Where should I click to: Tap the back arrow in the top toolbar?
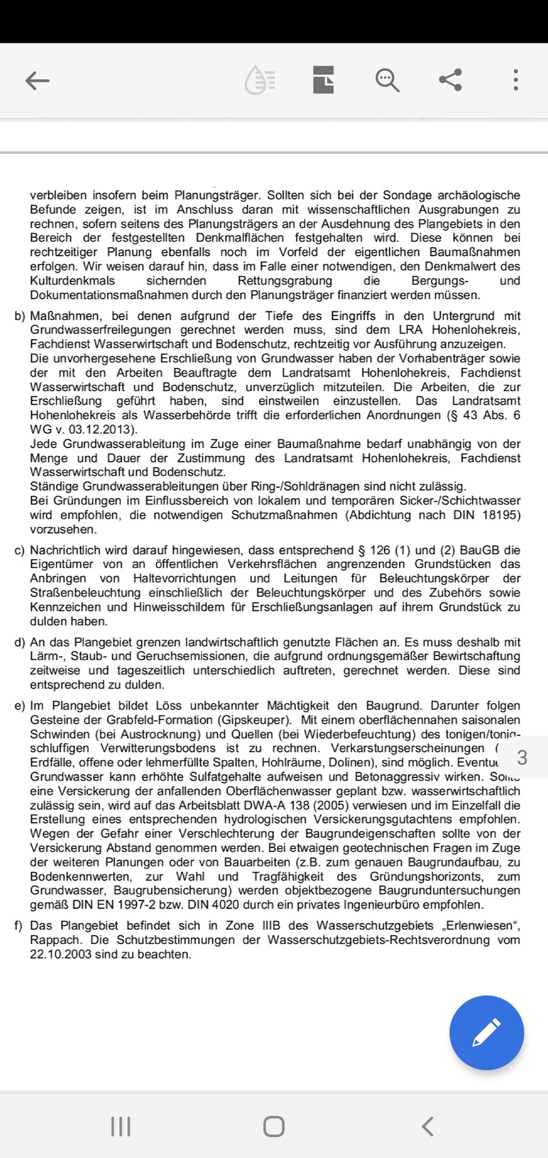pos(37,80)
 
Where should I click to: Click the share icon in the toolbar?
pos(451,80)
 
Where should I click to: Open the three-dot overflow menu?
pos(516,80)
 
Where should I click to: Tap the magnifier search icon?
pos(387,80)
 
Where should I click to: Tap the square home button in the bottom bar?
pos(274,1126)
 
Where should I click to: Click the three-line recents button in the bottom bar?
pos(120,1126)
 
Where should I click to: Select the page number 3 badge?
pos(522,757)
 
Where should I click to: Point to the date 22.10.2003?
pos(60,954)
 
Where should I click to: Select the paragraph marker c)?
pos(19,550)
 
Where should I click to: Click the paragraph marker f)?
pos(18,926)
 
